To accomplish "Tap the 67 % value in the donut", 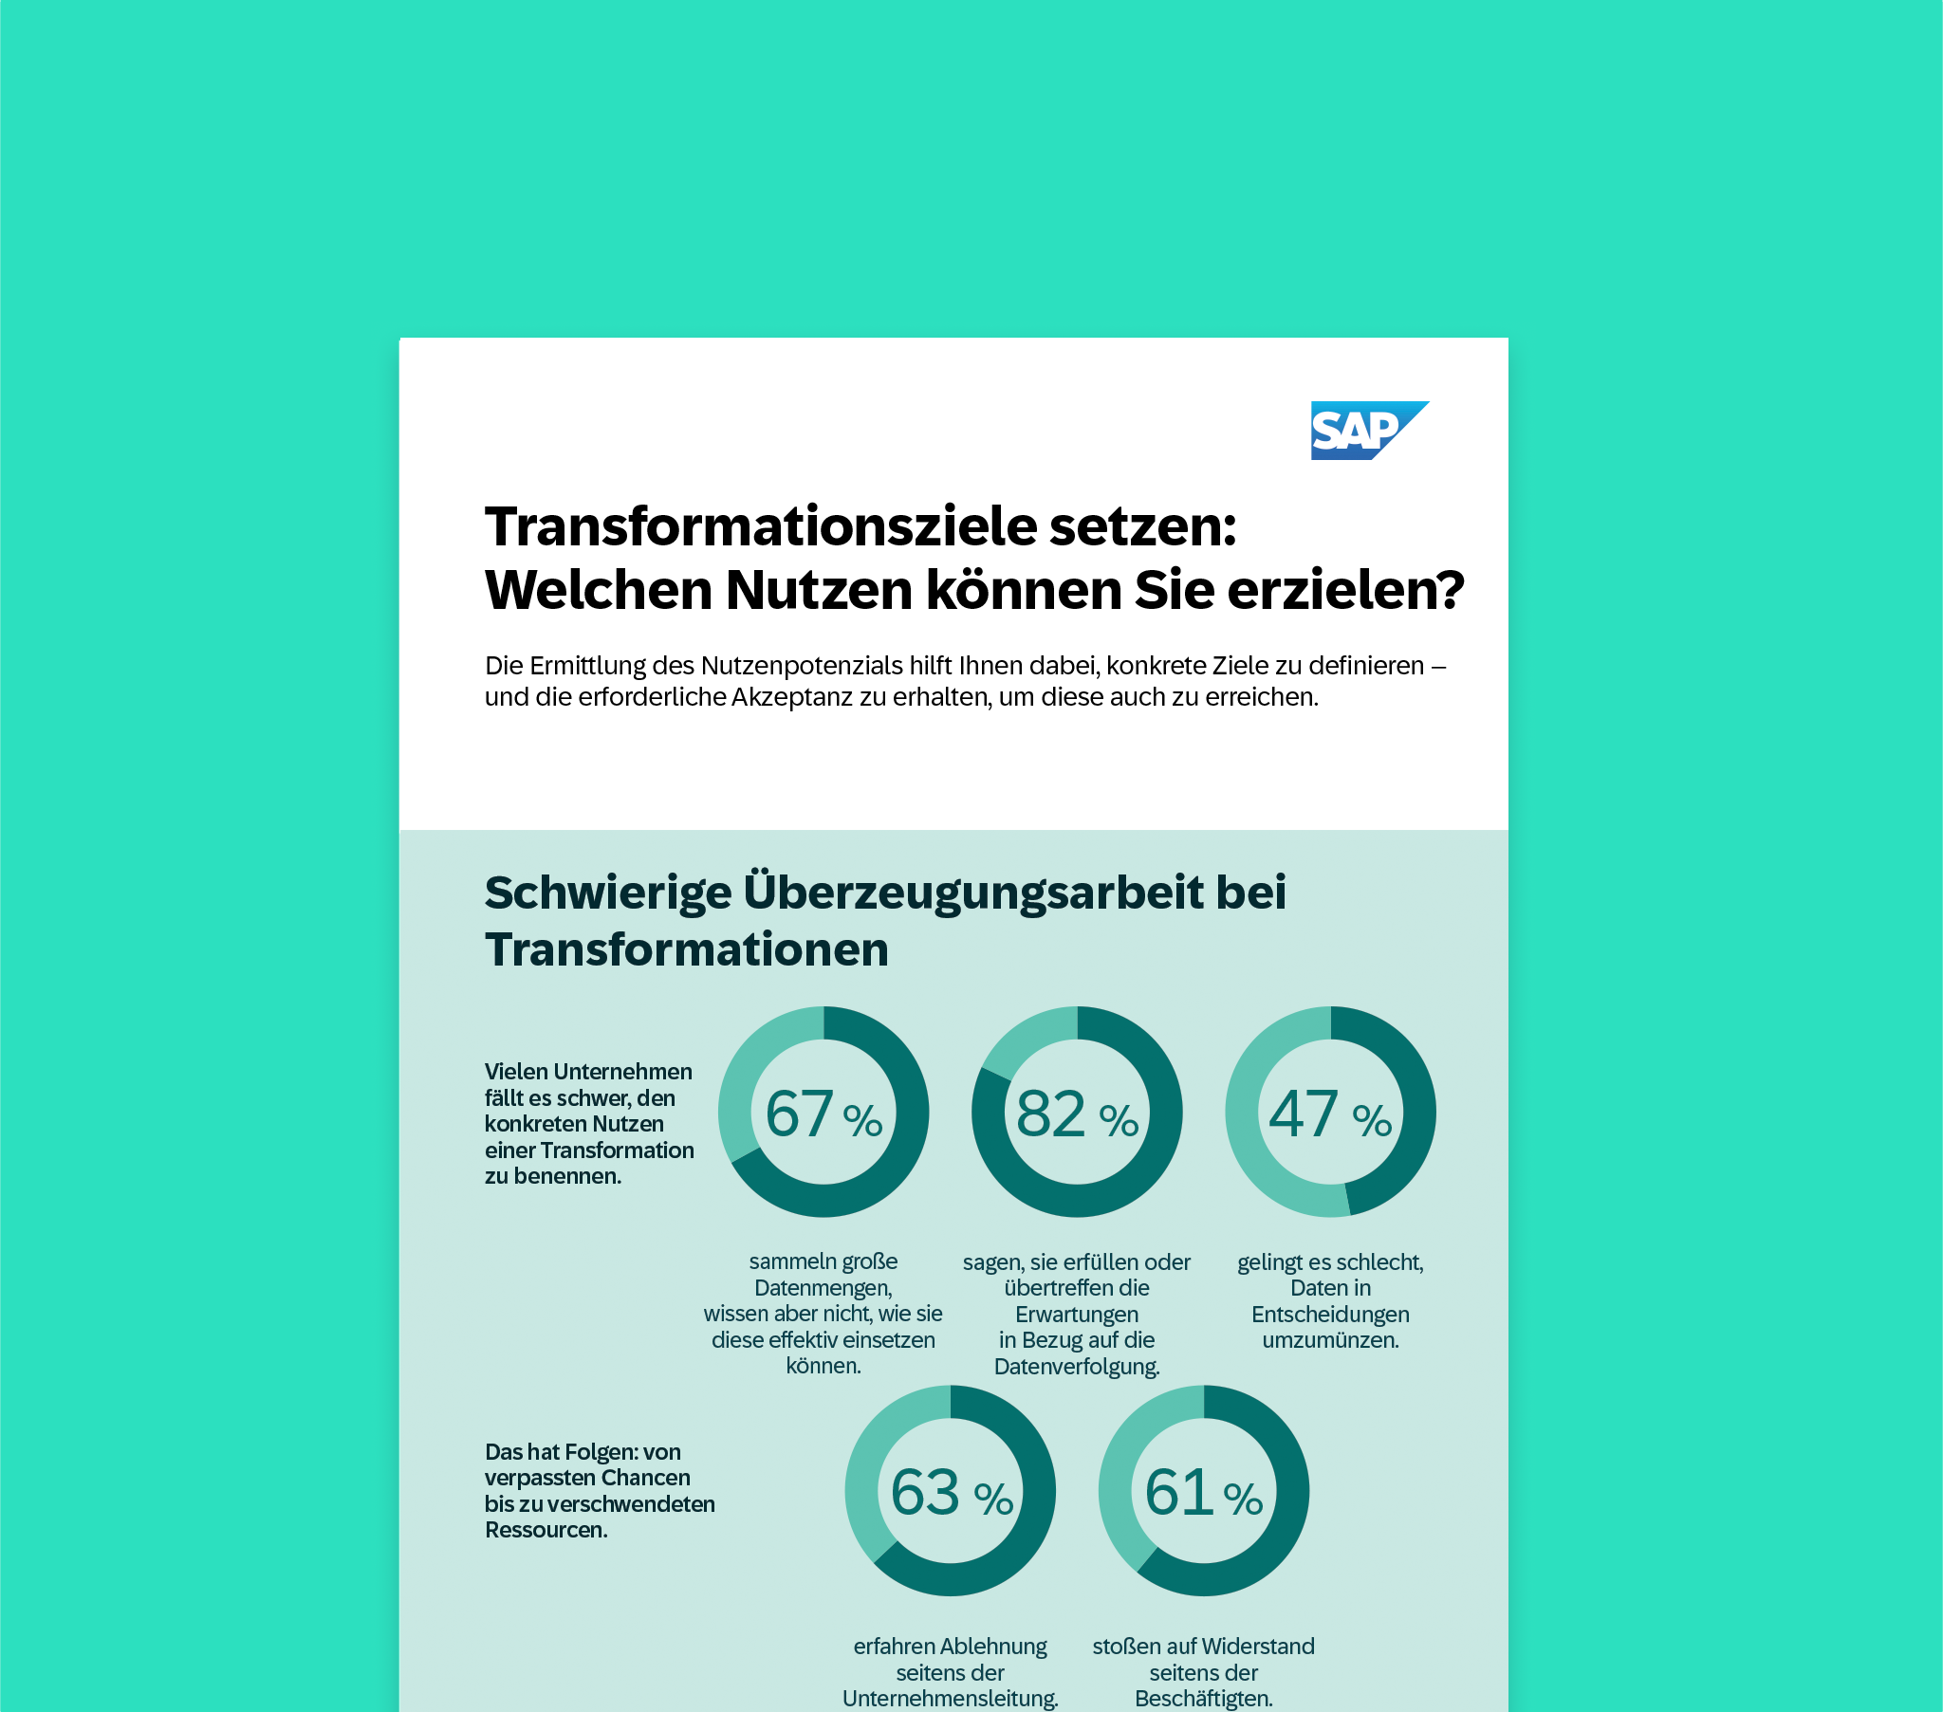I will pos(823,1114).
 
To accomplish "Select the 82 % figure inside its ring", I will pos(1076,1114).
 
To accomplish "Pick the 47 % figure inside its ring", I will pos(1330,1114).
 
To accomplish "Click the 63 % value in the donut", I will pos(951,1492).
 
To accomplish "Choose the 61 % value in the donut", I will pos(1203,1492).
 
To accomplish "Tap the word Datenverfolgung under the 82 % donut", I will pos(1076,1367).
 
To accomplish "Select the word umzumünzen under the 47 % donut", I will pos(1330,1340).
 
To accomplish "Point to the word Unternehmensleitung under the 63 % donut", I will pos(950,1699).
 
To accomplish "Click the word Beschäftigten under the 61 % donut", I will pos(1203,1699).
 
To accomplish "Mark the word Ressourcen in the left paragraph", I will pos(546,1530).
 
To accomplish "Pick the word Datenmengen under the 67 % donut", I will pos(823,1288).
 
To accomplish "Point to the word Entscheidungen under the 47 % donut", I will pos(1330,1315).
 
